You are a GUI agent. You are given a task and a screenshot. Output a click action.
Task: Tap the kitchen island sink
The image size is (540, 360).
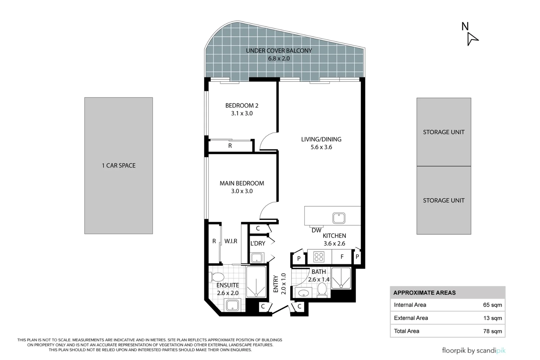click(x=338, y=218)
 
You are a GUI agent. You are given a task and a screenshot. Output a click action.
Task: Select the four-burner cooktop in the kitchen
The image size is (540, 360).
click(x=319, y=257)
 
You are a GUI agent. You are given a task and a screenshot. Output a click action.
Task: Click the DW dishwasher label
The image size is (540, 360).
click(x=316, y=230)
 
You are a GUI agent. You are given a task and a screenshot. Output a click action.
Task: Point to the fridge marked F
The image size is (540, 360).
click(x=342, y=257)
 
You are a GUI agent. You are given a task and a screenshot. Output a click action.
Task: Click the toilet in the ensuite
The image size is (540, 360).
click(x=217, y=277)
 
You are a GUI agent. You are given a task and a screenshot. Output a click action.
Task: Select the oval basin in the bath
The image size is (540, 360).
click(x=303, y=293)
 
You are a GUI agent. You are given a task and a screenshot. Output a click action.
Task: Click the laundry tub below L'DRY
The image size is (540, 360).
click(x=257, y=258)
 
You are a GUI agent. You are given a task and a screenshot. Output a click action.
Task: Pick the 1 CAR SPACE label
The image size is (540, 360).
click(x=119, y=165)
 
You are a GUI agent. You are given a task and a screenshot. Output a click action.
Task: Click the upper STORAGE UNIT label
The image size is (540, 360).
click(x=444, y=132)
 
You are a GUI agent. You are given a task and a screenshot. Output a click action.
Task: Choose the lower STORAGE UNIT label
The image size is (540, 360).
click(x=444, y=200)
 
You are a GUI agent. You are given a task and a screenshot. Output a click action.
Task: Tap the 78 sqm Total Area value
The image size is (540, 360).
click(x=493, y=331)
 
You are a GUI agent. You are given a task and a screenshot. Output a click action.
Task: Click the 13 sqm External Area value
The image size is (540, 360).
click(x=493, y=318)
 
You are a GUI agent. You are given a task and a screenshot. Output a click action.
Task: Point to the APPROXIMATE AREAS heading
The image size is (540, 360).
click(x=425, y=293)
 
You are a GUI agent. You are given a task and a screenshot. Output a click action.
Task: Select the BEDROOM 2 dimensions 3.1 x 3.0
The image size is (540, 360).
click(x=242, y=113)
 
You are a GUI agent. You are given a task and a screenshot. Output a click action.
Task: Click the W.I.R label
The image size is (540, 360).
click(x=231, y=241)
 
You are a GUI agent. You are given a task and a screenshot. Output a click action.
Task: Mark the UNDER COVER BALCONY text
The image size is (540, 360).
click(x=279, y=51)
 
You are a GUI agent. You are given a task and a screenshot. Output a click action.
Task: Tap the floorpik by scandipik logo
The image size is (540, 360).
click(x=474, y=350)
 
